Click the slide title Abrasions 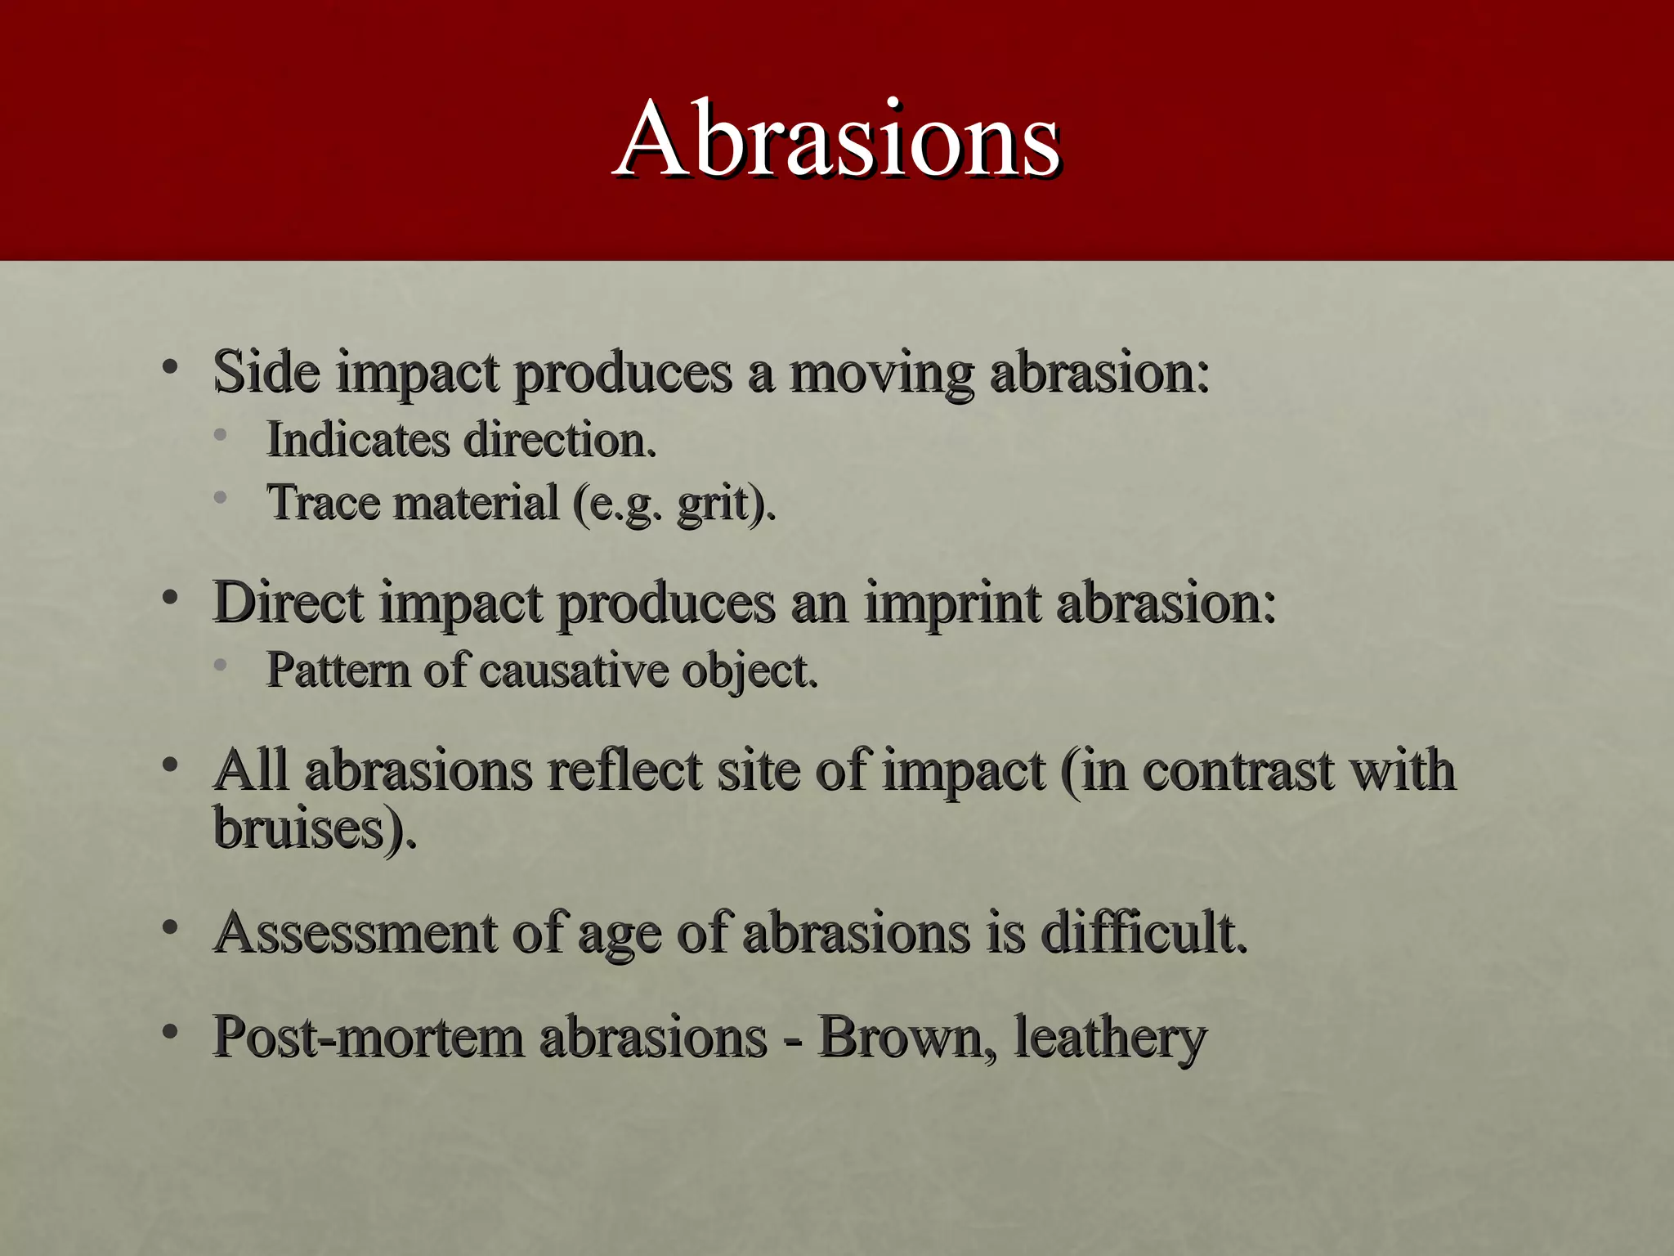pos(839,139)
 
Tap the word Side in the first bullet pos(266,372)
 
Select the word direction pos(560,440)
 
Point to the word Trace pos(323,502)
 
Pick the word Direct pos(288,603)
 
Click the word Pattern pos(338,671)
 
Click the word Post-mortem pos(368,1037)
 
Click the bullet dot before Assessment pos(170,928)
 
